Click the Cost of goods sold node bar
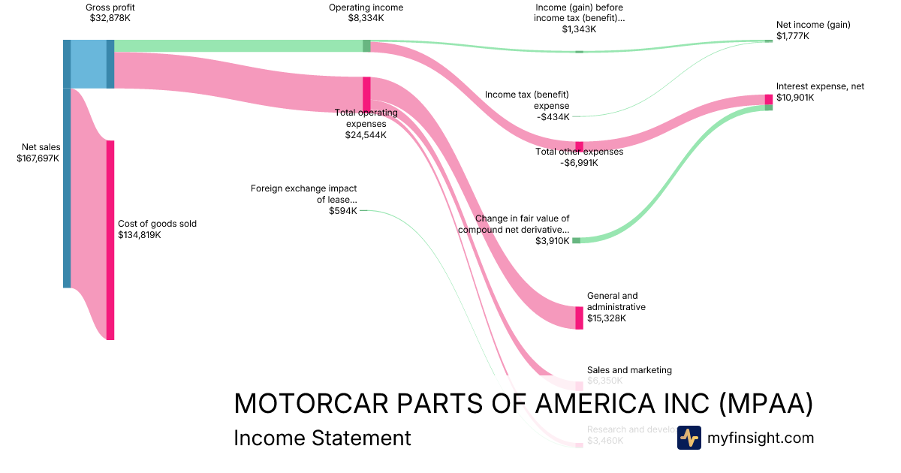[110, 240]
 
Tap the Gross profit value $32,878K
[110, 18]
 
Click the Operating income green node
[366, 46]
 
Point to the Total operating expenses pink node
[366, 94]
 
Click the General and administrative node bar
[579, 318]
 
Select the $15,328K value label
[607, 318]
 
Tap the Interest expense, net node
[768, 99]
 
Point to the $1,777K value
[793, 36]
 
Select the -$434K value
[554, 116]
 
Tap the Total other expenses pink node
[579, 146]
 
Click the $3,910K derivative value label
[553, 241]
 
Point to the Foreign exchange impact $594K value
[343, 211]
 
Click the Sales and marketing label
[629, 370]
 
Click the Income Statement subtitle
[322, 438]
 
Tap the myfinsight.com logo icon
[689, 438]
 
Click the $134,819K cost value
[140, 235]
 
